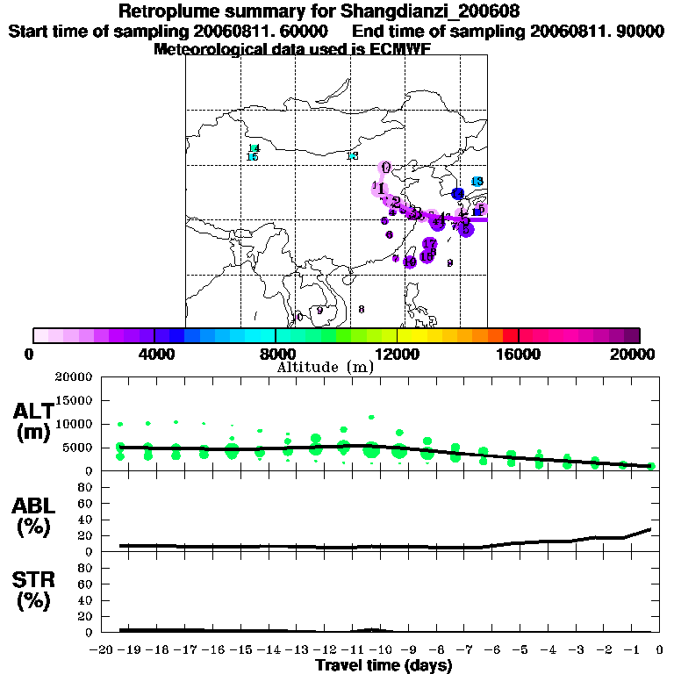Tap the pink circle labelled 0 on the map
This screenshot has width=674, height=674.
384,168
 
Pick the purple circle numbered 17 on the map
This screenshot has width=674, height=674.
430,244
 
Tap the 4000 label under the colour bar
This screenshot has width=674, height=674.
154,354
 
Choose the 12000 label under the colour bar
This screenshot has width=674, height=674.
397,354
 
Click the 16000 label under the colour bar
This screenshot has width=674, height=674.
519,354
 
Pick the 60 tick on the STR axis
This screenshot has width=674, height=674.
84,584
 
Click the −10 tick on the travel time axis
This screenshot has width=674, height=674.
378,650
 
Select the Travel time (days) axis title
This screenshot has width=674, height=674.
384,665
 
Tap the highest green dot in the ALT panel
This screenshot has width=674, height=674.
371,417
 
